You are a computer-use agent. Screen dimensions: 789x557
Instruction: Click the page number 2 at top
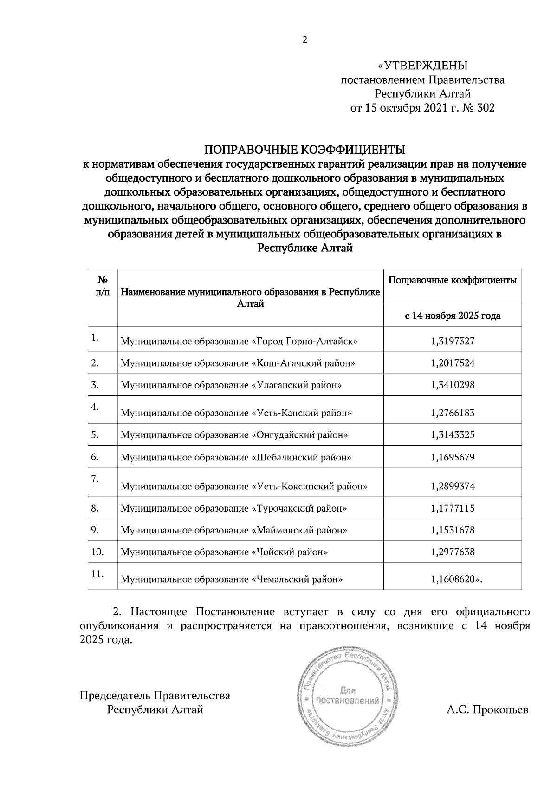click(305, 40)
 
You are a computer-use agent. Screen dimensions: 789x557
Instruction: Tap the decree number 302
click(486, 108)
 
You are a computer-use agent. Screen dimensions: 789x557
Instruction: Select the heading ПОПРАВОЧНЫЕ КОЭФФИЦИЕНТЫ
click(305, 150)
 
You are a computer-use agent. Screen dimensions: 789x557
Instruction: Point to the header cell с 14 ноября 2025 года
click(453, 316)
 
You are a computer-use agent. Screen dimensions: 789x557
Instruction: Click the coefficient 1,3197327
click(453, 341)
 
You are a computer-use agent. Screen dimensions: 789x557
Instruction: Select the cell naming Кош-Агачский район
click(238, 363)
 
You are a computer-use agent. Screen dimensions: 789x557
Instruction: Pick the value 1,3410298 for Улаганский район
click(453, 385)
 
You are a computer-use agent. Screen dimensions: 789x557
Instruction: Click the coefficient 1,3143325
click(453, 435)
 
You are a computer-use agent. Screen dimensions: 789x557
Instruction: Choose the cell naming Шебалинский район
click(236, 457)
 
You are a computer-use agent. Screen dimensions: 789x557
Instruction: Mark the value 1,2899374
click(453, 486)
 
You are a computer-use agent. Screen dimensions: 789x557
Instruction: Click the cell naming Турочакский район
click(234, 508)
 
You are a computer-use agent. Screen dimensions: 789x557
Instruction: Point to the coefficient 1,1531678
click(453, 530)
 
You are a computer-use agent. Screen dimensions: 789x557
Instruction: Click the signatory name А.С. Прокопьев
click(487, 710)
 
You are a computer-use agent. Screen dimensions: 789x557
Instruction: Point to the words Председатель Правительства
click(155, 696)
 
